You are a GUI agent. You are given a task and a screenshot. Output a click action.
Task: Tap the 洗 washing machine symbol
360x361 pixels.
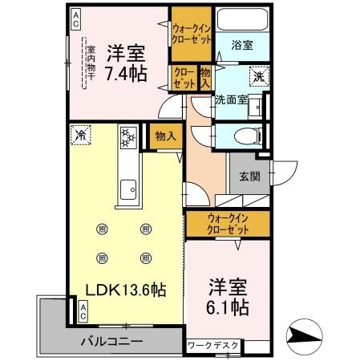[260, 77]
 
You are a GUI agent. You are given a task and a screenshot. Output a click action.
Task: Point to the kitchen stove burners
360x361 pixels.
[127, 136]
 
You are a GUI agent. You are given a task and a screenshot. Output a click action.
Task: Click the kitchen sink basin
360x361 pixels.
[127, 192]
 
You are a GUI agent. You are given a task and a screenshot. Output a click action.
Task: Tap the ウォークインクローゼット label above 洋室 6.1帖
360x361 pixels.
[217, 223]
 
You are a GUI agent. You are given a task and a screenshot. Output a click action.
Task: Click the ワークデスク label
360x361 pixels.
[213, 346]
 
